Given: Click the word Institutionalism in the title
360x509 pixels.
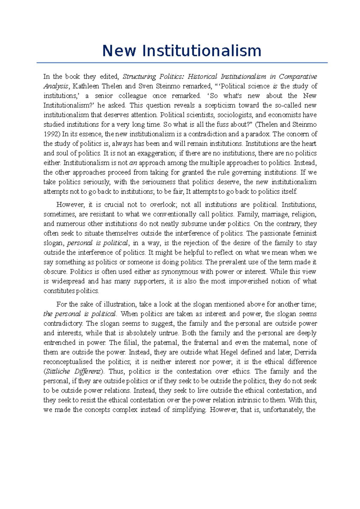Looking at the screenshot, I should pyautogui.click(x=202, y=51).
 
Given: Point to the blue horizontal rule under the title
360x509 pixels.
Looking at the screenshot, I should pyautogui.click(x=182, y=63).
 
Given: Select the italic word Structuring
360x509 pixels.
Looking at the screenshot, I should pyautogui.click(x=139, y=76).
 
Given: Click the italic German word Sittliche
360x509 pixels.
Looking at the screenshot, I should pyautogui.click(x=58, y=371).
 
